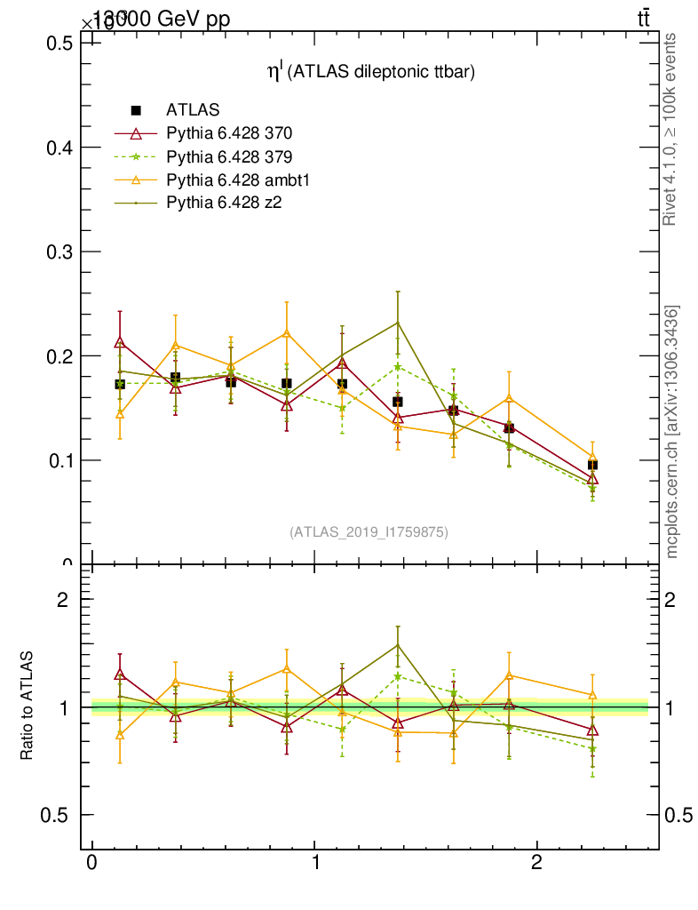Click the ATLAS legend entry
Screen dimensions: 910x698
(192, 110)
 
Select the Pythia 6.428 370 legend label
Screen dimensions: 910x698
(229, 133)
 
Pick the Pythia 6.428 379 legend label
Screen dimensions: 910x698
(229, 156)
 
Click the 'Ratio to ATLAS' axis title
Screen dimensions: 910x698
(27, 706)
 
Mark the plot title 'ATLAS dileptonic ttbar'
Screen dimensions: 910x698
(372, 74)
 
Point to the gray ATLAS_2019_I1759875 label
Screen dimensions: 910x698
(369, 532)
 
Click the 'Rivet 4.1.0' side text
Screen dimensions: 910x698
(670, 129)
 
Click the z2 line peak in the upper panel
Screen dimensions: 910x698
(398, 322)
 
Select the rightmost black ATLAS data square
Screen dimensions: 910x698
(592, 465)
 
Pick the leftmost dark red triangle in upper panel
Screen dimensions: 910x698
(120, 342)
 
